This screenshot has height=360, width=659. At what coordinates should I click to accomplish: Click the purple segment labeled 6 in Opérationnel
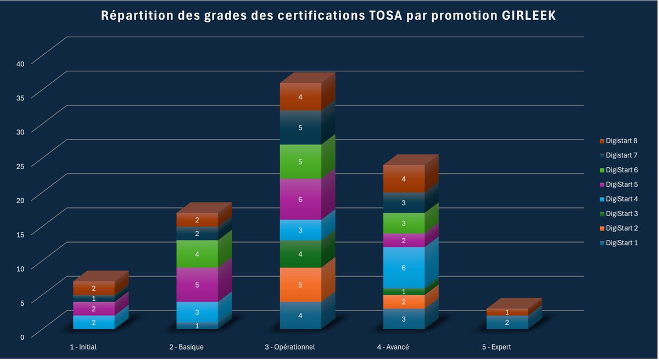tap(300, 199)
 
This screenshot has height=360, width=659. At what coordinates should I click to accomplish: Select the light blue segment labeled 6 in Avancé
tap(404, 267)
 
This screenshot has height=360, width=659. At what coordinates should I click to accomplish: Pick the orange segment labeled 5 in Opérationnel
tap(300, 285)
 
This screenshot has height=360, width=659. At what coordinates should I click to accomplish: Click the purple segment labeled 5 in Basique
tap(197, 285)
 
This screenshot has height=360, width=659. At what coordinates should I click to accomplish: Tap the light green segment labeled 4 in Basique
tap(197, 254)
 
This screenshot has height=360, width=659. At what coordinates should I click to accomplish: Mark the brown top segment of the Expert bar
tap(507, 312)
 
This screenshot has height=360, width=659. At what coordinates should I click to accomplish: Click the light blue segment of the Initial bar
tap(93, 323)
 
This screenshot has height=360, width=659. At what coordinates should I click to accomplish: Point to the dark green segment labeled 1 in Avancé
tap(404, 291)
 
